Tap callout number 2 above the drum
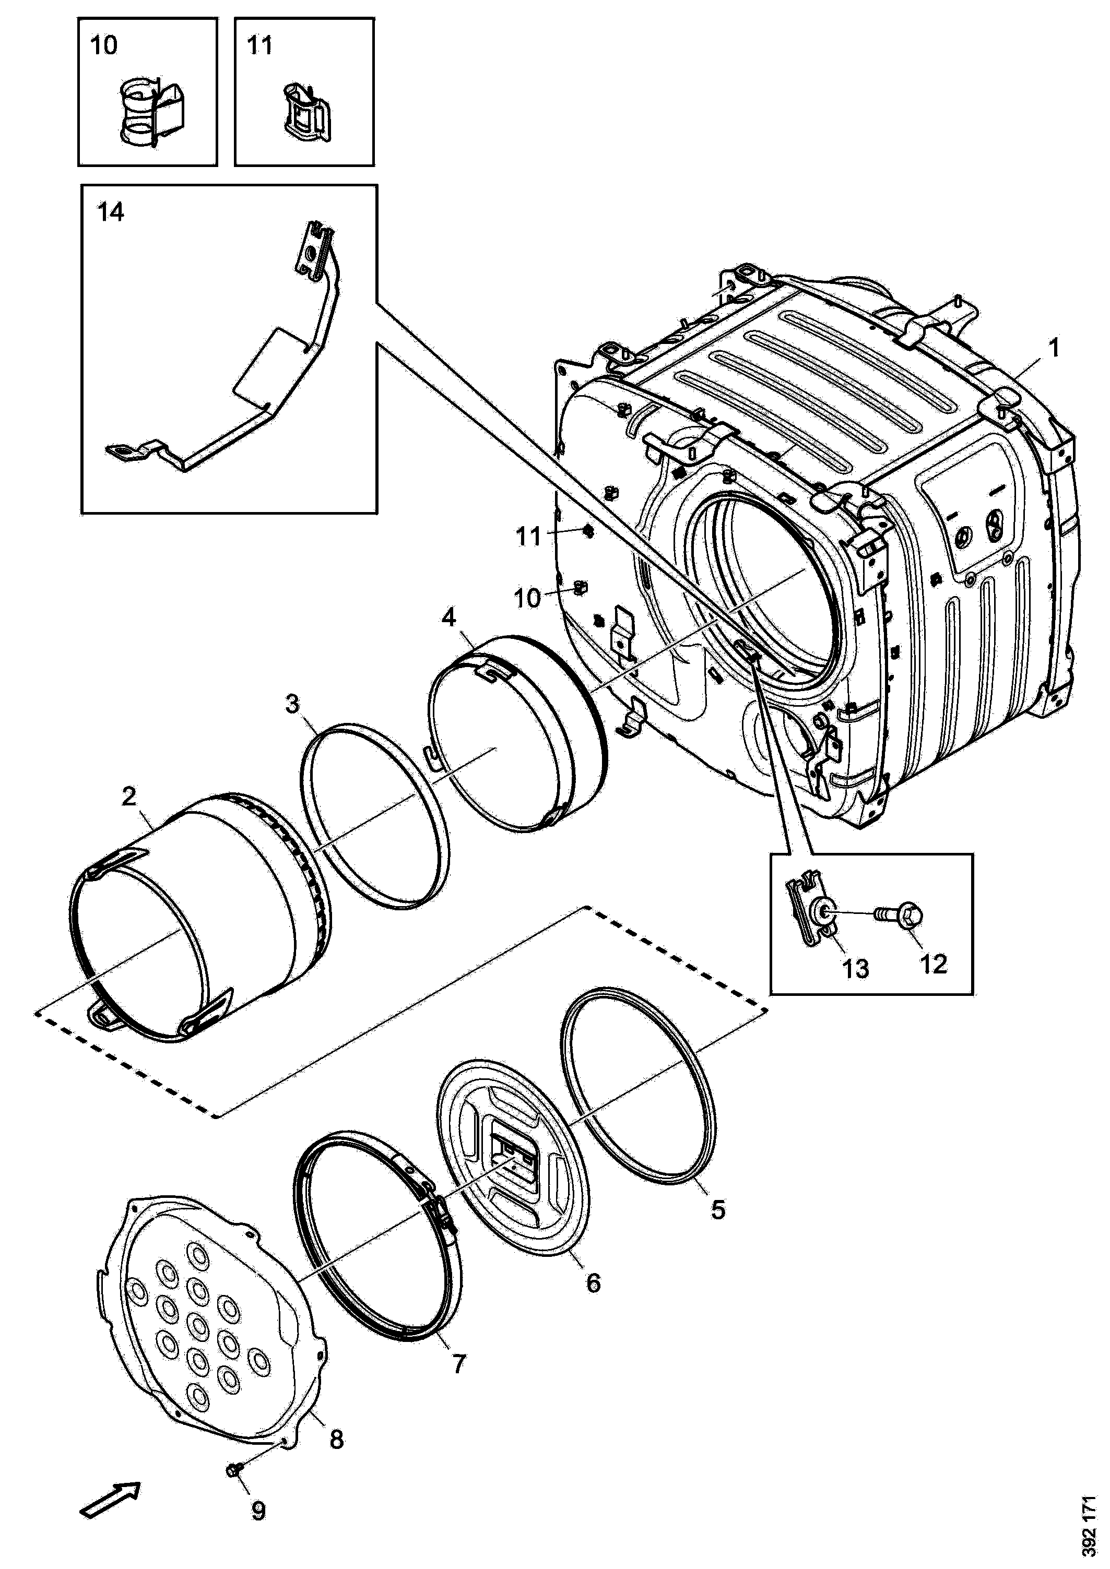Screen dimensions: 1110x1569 128,795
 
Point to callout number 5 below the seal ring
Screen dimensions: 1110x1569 718,1209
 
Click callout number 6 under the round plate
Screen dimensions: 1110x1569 593,1282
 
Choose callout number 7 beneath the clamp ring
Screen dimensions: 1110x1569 458,1364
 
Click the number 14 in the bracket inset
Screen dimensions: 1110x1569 110,212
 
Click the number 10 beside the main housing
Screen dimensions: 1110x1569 527,598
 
